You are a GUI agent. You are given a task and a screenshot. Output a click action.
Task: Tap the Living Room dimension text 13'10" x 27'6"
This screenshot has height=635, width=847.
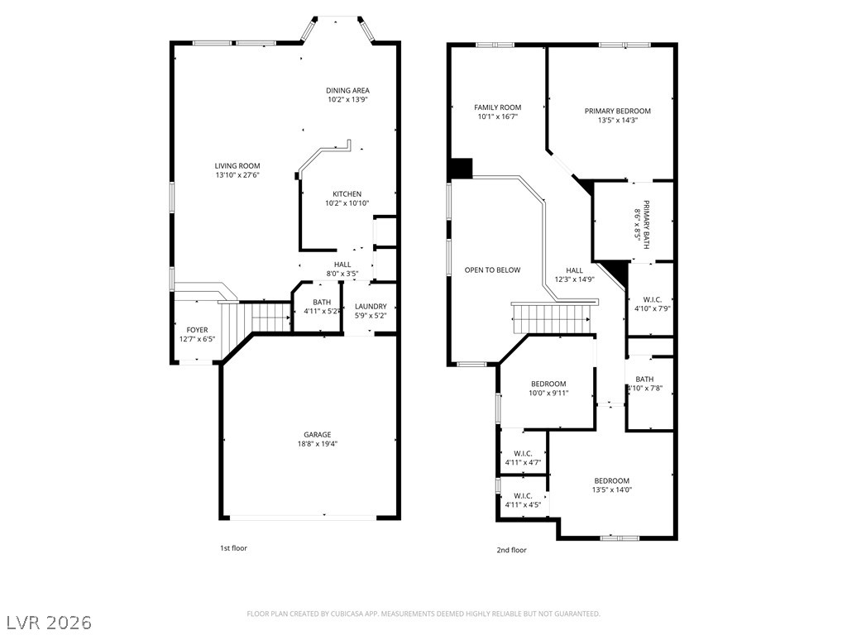(237, 175)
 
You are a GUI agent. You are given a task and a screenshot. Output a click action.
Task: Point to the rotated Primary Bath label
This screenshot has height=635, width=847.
(643, 222)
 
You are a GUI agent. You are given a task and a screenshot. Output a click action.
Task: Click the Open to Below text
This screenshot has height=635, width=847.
(492, 270)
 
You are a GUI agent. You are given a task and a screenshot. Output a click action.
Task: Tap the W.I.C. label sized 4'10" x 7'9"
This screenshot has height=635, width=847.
(650, 303)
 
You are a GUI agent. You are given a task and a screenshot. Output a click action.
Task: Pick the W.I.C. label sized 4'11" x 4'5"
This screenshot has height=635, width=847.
(522, 500)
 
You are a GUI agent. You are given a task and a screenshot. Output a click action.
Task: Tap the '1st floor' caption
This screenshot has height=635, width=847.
(233, 548)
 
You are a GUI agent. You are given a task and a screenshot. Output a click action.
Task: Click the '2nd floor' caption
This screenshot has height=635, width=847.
(512, 550)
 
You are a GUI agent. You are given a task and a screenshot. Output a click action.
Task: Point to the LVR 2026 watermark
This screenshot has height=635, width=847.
(50, 621)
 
